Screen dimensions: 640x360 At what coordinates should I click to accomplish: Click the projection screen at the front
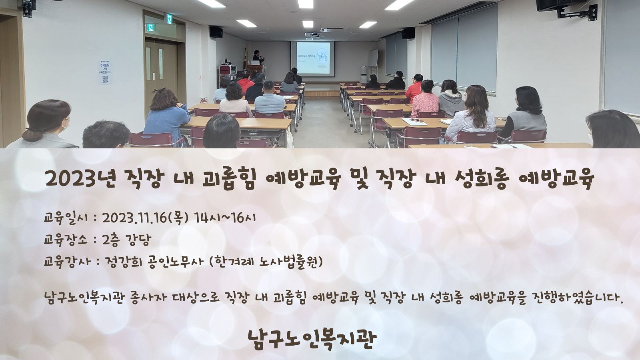click(x=312, y=58)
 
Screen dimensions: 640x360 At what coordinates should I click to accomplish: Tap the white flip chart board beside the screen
click(x=373, y=58)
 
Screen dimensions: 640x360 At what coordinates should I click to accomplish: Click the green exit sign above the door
click(x=170, y=19)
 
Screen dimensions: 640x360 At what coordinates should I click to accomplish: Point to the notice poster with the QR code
click(x=105, y=72)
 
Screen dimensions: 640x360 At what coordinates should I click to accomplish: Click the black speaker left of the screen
click(x=216, y=32)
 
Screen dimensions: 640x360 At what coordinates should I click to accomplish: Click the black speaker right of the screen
click(x=408, y=33)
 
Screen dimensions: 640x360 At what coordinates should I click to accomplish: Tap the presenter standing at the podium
click(x=258, y=57)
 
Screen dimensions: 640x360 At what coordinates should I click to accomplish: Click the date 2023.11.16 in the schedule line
click(x=134, y=218)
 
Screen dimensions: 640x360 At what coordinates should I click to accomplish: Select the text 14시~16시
click(x=224, y=218)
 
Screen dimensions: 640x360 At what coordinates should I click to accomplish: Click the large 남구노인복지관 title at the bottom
click(x=312, y=339)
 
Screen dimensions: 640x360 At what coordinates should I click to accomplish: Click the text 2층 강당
click(x=126, y=240)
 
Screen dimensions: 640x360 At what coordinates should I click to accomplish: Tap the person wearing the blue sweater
click(x=166, y=116)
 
